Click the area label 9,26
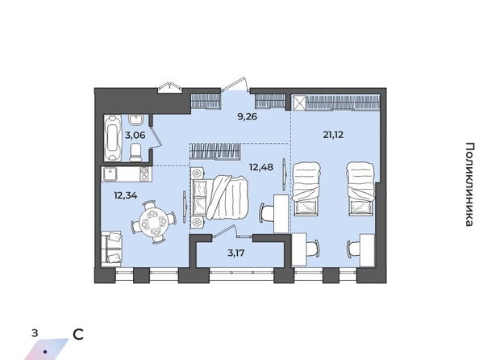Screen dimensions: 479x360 click(x=248, y=116)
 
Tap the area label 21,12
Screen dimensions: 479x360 click(x=333, y=135)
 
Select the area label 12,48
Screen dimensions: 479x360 click(x=261, y=167)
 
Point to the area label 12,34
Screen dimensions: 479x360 click(x=126, y=195)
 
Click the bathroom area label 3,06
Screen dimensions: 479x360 click(x=135, y=135)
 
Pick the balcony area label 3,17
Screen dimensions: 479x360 click(x=237, y=253)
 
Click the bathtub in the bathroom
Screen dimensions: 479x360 click(x=112, y=138)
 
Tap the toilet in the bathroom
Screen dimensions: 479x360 click(x=135, y=153)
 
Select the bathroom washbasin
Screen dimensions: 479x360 click(x=135, y=120)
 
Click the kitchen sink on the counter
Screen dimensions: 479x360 click(x=110, y=174)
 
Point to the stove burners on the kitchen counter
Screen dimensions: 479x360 click(x=144, y=174)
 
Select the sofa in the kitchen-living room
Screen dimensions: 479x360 click(x=111, y=247)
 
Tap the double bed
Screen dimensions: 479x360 click(x=219, y=198)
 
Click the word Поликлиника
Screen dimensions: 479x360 click(x=470, y=184)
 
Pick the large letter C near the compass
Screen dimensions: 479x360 click(x=78, y=335)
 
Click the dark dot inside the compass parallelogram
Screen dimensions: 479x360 click(x=45, y=352)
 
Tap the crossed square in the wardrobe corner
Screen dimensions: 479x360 click(x=298, y=103)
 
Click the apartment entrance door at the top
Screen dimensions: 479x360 click(x=235, y=84)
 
